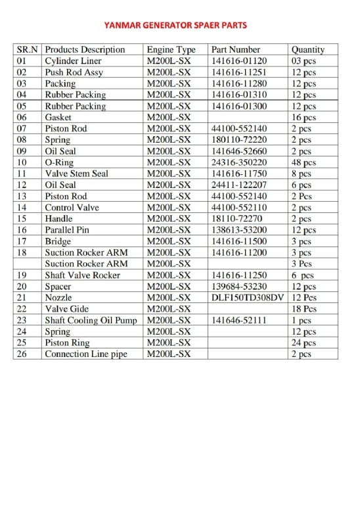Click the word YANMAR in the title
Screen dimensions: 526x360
pyautogui.click(x=123, y=26)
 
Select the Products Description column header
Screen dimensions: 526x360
pyautogui.click(x=85, y=49)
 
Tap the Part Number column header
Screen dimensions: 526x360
pyautogui.click(x=236, y=49)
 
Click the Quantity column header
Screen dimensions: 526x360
pyautogui.click(x=307, y=49)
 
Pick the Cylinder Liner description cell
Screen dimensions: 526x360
pyautogui.click(x=73, y=60)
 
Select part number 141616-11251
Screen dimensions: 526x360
pyautogui.click(x=239, y=72)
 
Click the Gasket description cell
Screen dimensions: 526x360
pyautogui.click(x=58, y=117)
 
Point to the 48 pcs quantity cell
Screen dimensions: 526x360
pyautogui.click(x=304, y=162)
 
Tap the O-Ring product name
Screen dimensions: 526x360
pyautogui.click(x=59, y=162)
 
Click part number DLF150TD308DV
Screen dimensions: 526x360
pyautogui.click(x=247, y=298)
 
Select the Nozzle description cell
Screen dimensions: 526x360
pyautogui.click(x=58, y=298)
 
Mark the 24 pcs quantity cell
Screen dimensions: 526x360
pyautogui.click(x=304, y=343)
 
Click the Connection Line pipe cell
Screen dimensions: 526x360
pyautogui.click(x=85, y=354)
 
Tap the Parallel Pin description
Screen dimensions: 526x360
pyautogui.click(x=70, y=230)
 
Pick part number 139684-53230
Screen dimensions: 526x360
pyautogui.click(x=239, y=287)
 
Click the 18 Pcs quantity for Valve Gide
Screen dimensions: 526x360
pyautogui.click(x=304, y=309)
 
